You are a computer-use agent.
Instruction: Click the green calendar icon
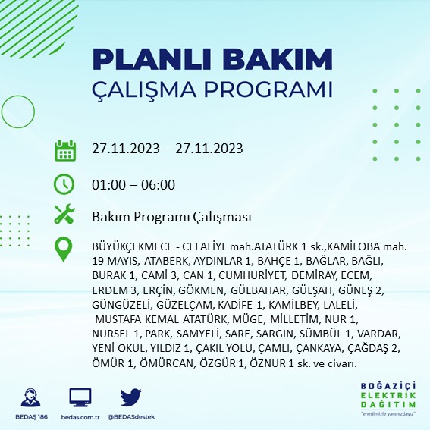tap(65, 149)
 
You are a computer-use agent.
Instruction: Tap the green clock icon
tap(65, 184)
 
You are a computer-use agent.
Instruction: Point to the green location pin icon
tap(65, 249)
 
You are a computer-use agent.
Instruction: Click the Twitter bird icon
tap(131, 396)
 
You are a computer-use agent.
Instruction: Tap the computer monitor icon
tap(80, 396)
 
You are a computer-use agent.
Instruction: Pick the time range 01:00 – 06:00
tap(133, 184)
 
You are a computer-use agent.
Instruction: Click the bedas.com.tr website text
tap(80, 416)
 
